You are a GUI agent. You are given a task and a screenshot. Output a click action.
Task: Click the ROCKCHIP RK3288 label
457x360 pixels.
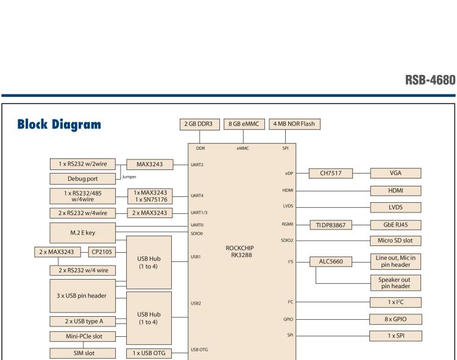tap(243, 252)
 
